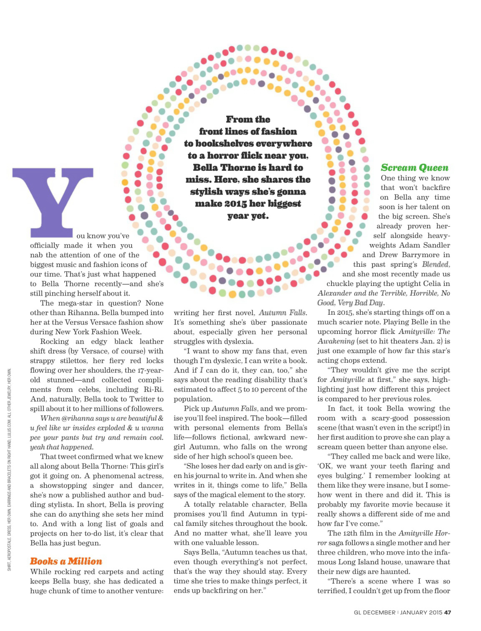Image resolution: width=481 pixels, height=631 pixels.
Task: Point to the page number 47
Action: coord(448,612)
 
